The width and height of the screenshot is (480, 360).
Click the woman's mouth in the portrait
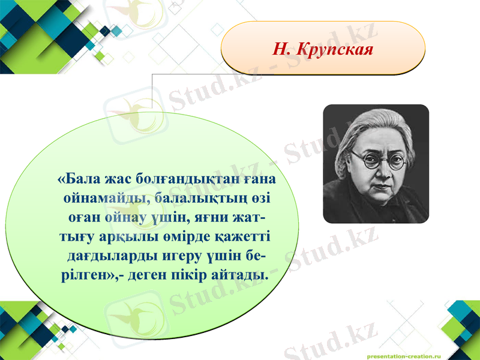click(377, 187)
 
